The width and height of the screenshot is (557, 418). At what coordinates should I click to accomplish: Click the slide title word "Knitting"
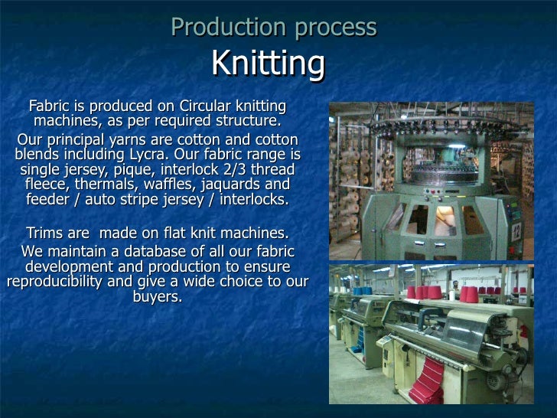tap(267, 64)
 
